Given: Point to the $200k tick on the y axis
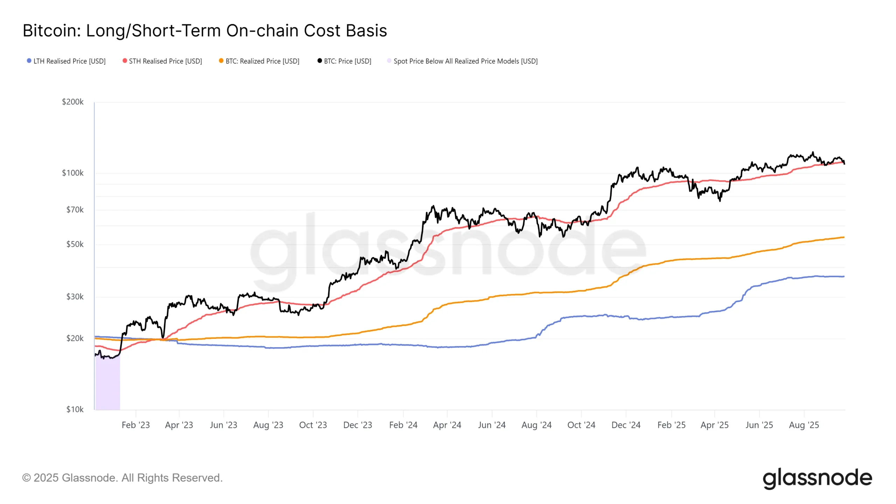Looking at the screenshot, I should [x=73, y=102].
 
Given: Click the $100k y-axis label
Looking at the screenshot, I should [x=73, y=173].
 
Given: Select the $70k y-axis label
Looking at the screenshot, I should [x=75, y=210].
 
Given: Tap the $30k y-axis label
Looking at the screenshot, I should [x=75, y=297].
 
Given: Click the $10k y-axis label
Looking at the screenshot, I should [x=75, y=409].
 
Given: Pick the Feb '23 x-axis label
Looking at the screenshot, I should [x=135, y=425].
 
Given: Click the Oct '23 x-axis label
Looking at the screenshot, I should [x=313, y=425].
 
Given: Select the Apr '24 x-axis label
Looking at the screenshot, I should [x=447, y=425].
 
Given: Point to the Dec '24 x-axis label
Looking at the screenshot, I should [x=626, y=425].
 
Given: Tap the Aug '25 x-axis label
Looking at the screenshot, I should [x=804, y=425].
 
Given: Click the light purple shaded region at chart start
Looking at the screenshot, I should [x=108, y=385].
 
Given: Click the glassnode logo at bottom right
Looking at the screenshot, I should [x=817, y=478].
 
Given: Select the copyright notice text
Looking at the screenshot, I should [x=122, y=478].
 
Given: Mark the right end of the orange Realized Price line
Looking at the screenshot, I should [x=843, y=237].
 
